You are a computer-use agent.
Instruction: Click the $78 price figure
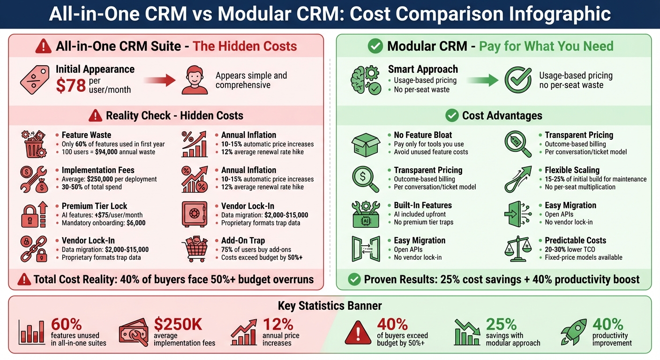71,85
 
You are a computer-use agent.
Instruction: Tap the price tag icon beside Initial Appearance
34,79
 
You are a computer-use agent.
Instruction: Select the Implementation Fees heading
98,170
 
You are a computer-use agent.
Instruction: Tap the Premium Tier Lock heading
94,206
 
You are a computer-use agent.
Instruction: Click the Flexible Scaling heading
572,170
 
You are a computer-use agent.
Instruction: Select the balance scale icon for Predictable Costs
519,248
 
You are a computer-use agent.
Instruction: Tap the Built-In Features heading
422,205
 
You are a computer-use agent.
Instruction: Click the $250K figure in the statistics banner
178,324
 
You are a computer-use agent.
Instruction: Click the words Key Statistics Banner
330,306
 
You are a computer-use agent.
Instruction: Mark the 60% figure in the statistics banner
66,324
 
